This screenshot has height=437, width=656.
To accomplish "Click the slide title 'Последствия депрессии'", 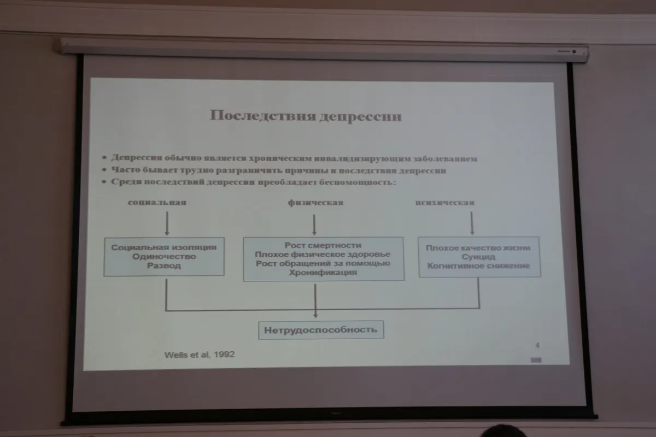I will click(306, 116).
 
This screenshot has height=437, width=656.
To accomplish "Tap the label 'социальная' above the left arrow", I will click(157, 202).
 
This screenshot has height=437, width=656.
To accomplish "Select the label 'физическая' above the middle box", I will click(315, 203).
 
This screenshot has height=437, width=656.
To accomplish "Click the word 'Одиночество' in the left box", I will click(164, 256).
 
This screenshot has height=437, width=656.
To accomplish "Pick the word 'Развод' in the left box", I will click(164, 266).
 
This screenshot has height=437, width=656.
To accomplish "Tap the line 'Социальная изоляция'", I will click(164, 247).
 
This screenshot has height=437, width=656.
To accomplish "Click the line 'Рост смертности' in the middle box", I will click(323, 245).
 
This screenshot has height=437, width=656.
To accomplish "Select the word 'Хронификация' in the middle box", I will click(323, 273).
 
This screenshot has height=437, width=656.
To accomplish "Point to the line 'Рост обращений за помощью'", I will click(323, 263).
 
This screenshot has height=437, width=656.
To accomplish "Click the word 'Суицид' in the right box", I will click(478, 256).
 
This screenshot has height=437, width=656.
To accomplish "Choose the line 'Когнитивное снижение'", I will click(478, 265).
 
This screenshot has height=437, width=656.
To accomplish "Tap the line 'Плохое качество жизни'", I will click(478, 247).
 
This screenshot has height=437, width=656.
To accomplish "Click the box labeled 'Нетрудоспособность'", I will click(321, 330).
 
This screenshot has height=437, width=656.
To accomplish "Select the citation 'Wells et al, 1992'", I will click(200, 354).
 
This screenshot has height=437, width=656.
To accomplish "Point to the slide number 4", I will click(537, 345).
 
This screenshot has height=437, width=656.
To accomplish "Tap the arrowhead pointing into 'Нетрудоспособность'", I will click(315, 315).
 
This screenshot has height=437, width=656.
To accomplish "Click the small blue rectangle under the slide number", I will click(536, 360).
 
